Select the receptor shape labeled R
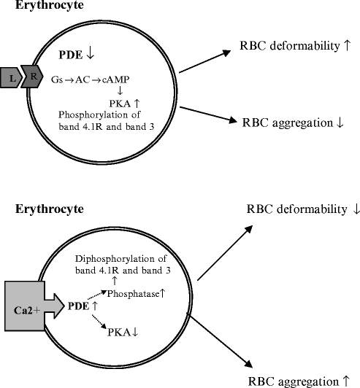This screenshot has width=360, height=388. [33, 76]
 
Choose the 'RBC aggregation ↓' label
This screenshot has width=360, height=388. [292, 122]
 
